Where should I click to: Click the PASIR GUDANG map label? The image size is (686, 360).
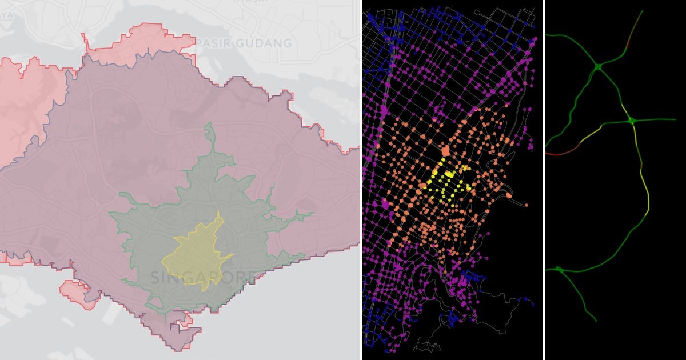tap(244, 43)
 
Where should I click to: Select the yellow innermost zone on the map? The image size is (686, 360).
tap(197, 254)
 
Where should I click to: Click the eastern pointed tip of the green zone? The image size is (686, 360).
tap(312, 214)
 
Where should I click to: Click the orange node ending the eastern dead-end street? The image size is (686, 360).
tap(526, 205)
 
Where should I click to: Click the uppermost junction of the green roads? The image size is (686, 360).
tap(597, 67)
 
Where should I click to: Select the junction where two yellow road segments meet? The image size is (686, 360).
tap(632, 121)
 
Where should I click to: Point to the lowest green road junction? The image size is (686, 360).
tap(559, 270)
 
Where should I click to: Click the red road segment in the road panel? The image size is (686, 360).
tap(560, 153)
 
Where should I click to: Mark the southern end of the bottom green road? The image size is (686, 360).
tap(596, 321)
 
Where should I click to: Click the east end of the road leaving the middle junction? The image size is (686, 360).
tap(675, 120)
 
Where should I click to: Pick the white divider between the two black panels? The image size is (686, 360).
tap(543, 180)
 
